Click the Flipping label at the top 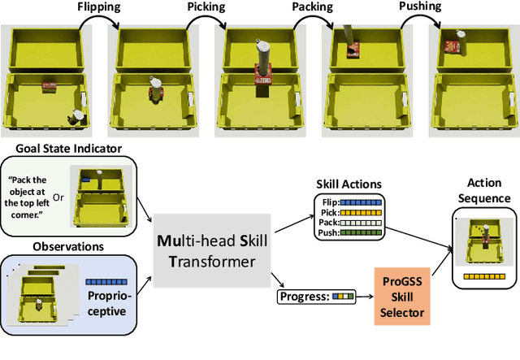pyautogui.click(x=99, y=7)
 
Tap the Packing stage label pyautogui.click(x=313, y=7)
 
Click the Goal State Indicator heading pyautogui.click(x=67, y=149)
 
